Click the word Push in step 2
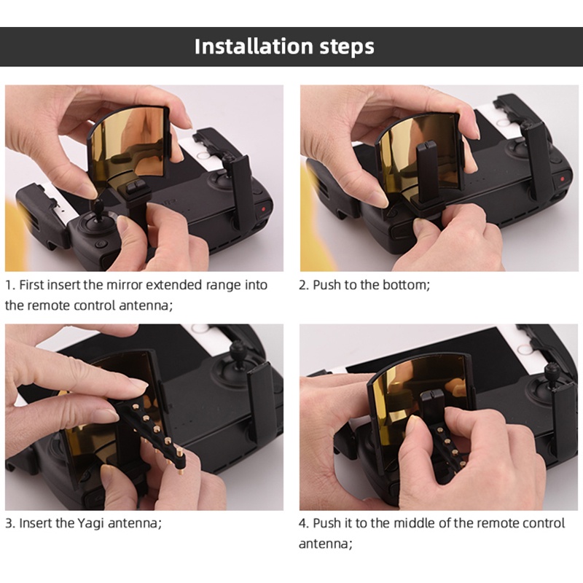click(x=327, y=285)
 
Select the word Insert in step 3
click(x=36, y=523)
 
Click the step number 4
click(x=302, y=523)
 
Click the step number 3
click(x=9, y=523)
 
